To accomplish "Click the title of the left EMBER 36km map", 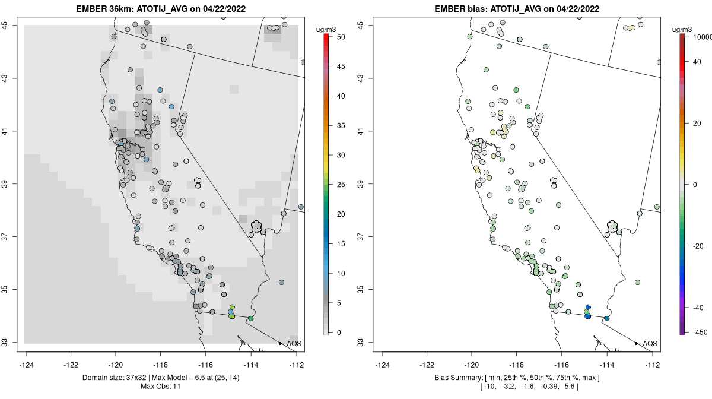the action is pos(161,8).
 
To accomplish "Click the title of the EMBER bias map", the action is pos(517,8).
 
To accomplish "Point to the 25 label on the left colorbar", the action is pos(341,185).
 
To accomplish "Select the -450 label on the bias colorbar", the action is pos(700,332).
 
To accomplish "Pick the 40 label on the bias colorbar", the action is pos(697,62).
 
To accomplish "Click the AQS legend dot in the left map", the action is pos(280,343).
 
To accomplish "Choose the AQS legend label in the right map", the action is pos(650,344).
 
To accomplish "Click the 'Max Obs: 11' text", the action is pos(161,387).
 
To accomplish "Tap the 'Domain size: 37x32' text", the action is pos(115,378).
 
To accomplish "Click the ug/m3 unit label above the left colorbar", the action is pos(326,30).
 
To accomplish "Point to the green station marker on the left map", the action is pos(251,318).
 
